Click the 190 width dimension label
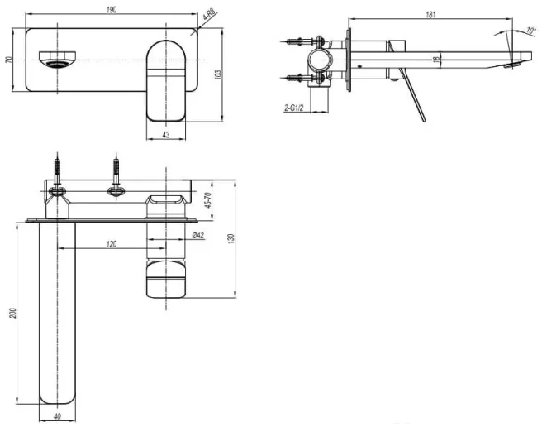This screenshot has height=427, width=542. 112,9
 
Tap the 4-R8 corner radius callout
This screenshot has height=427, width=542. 209,15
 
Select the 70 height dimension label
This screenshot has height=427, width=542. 8,60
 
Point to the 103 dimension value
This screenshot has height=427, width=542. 218,74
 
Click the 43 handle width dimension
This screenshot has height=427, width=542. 166,134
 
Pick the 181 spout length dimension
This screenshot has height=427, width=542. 430,15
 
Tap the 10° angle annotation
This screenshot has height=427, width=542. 531,30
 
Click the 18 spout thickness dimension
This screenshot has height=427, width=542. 437,59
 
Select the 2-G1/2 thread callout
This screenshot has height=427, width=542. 293,108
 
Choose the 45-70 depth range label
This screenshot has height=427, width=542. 207,200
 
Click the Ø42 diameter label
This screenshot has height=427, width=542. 198,236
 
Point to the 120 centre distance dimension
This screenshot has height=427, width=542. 112,244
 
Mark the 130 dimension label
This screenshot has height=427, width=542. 231,238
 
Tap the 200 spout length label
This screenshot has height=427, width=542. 12,313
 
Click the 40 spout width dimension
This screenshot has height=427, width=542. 57,416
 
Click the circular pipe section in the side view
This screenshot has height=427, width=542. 321,60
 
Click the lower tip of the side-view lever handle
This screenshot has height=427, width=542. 424,121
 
